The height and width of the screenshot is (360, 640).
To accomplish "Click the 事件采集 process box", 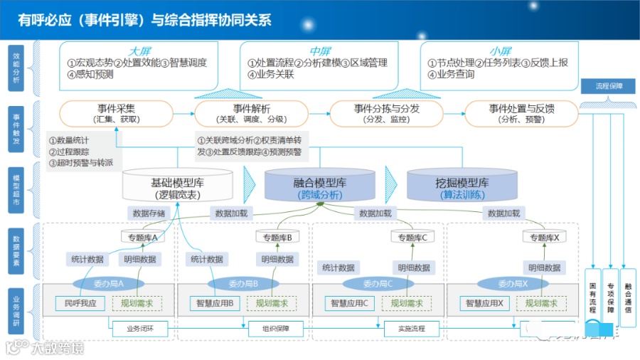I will (116, 114).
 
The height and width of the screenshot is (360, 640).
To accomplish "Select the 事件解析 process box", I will (251, 114).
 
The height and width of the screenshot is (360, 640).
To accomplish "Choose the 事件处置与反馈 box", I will (521, 114).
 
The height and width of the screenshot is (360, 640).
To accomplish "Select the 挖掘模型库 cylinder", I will (462, 187).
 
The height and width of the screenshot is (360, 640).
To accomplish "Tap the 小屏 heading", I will (501, 51).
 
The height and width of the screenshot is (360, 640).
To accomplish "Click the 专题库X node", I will (545, 237).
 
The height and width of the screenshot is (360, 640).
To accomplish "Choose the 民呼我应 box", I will (80, 304).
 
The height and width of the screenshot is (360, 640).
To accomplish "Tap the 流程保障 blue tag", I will (609, 86).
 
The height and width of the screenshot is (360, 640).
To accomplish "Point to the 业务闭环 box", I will (139, 329).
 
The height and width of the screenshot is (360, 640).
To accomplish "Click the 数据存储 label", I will (149, 213).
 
